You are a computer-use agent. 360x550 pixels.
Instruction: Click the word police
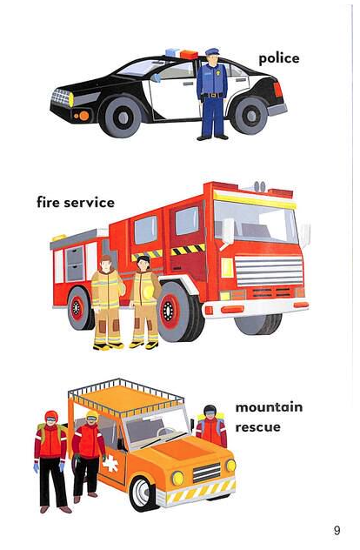(279, 59)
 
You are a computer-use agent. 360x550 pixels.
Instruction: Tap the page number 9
(337, 530)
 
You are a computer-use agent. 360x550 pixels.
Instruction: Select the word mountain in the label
(269, 407)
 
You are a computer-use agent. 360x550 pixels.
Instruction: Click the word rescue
(258, 427)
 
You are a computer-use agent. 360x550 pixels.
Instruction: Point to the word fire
(49, 203)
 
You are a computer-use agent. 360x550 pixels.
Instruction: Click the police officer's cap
(212, 51)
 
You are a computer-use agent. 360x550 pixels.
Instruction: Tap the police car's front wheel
(121, 117)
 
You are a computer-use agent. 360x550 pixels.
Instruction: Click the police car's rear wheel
(251, 115)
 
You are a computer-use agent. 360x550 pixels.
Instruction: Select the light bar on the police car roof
(182, 54)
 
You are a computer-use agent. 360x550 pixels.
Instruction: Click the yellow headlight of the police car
(70, 99)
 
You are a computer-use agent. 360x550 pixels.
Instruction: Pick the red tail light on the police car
(277, 91)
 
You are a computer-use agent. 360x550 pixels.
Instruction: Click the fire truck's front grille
(269, 272)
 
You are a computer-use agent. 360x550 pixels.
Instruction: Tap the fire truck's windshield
(256, 222)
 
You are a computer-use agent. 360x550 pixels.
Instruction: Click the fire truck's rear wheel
(77, 308)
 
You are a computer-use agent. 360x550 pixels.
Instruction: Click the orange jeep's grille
(207, 473)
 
